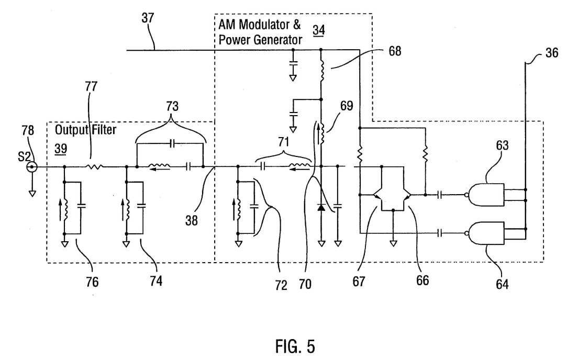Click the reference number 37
(148, 18)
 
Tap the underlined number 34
(318, 30)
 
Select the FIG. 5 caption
(295, 346)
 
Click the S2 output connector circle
(32, 166)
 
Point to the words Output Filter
(85, 129)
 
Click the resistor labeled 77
(95, 166)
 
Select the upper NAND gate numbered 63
(486, 195)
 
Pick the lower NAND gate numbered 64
(486, 233)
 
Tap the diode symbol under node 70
(321, 207)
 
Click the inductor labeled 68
(321, 71)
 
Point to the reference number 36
(552, 53)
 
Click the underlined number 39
(60, 149)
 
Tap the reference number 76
(92, 282)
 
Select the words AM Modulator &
(259, 25)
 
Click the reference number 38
(191, 220)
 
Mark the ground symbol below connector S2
(32, 194)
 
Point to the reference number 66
(423, 280)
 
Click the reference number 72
(281, 286)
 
